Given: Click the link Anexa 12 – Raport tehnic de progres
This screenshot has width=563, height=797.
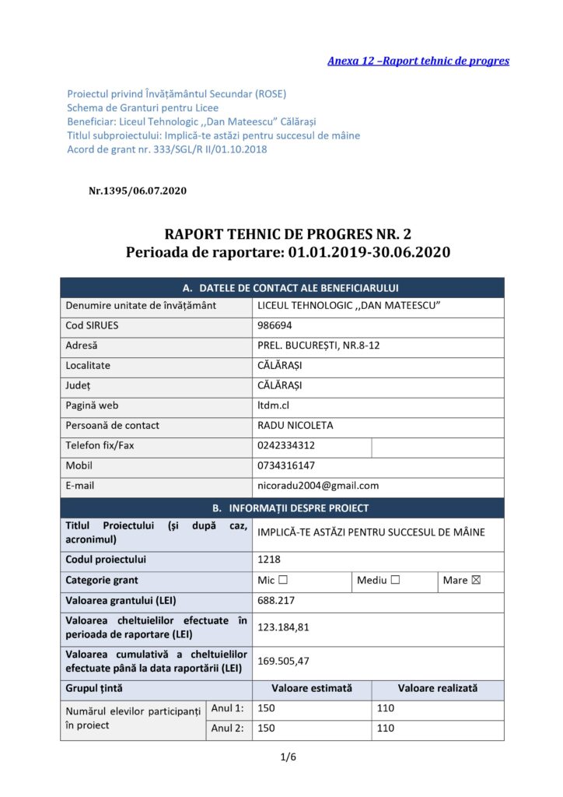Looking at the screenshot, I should click(418, 61).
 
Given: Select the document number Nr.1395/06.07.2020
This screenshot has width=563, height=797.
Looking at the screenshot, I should click(138, 190).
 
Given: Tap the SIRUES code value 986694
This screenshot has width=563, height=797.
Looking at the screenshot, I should click(274, 325).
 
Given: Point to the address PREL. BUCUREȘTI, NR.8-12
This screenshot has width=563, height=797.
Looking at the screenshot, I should click(318, 346).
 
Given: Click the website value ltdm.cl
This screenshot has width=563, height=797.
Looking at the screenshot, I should click(273, 405).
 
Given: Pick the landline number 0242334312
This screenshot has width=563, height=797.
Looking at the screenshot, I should click(286, 445).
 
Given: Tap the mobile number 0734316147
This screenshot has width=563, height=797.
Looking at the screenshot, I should click(286, 465).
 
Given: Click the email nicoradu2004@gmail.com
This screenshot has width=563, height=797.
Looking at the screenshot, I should click(317, 486).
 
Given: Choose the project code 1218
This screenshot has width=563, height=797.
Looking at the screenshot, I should click(269, 559).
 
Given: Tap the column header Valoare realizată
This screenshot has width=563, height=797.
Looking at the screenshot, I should click(438, 688).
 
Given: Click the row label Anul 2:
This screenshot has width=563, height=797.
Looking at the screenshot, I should click(228, 729).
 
